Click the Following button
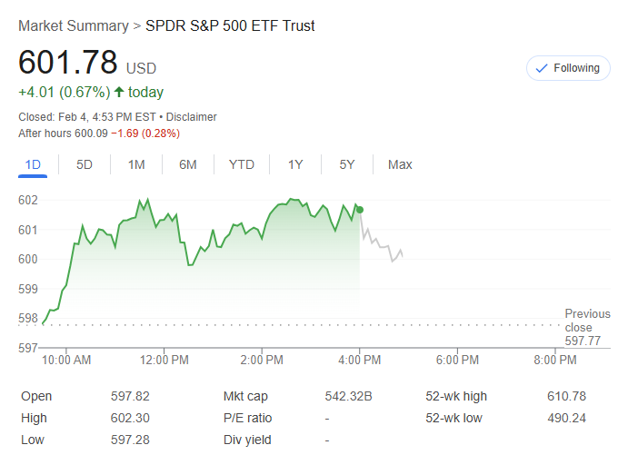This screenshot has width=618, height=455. click(568, 68)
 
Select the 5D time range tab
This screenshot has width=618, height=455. click(85, 164)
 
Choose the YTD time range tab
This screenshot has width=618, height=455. click(241, 164)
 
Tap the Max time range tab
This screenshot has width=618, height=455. click(400, 164)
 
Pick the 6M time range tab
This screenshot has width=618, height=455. click(188, 164)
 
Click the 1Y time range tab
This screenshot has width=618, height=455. click(295, 164)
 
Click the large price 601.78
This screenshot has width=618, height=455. click(68, 63)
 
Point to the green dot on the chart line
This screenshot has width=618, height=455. click(360, 210)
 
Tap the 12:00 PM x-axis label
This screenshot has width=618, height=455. click(164, 361)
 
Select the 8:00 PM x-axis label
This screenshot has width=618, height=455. click(555, 361)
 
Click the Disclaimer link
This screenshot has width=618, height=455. click(192, 117)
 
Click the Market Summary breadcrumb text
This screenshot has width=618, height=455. click(73, 26)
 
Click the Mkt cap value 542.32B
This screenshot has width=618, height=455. click(348, 397)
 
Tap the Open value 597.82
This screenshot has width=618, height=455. click(130, 397)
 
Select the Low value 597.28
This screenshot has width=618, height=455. click(130, 440)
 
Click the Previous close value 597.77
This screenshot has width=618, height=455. click(583, 341)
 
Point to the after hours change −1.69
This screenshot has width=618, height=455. click(127, 134)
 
